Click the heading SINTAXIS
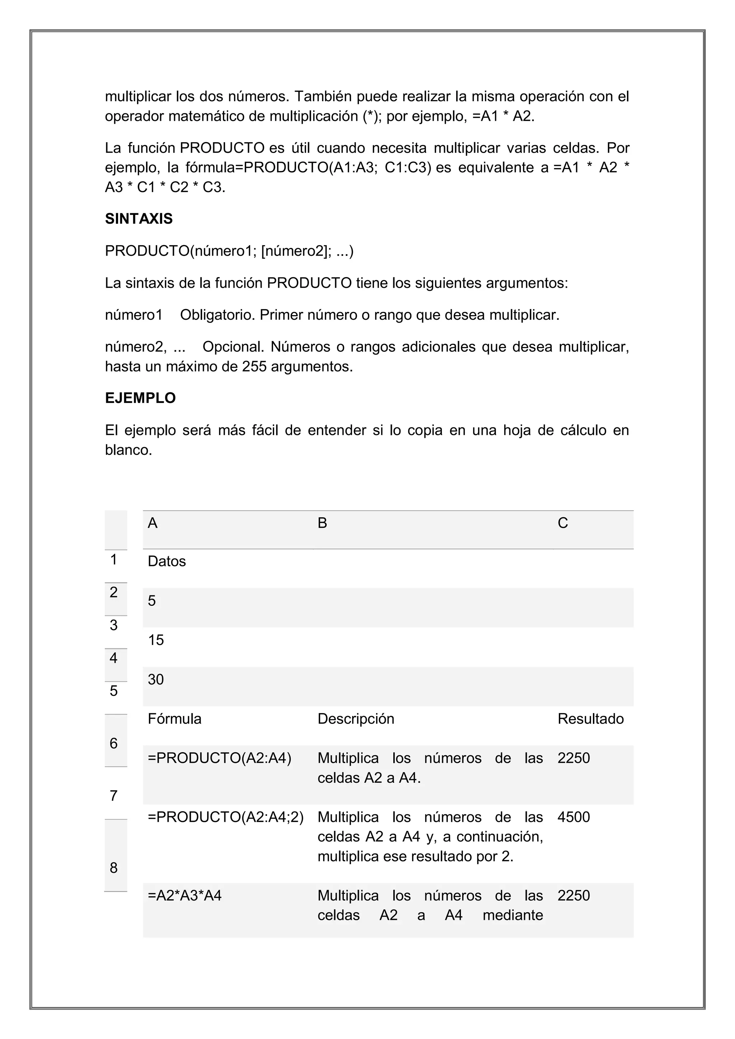pos(139,219)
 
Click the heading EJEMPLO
pos(140,398)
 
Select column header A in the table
pos(153,523)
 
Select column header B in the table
pos(322,523)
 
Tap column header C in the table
pos(563,523)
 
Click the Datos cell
pos(167,562)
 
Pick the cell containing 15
pos(156,640)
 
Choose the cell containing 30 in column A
pos(156,680)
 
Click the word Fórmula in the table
pos(174,719)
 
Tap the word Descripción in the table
pos(356,719)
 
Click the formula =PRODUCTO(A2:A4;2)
pos(225,817)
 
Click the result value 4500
pos(574,817)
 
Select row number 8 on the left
pos(114,868)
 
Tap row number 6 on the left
pos(114,744)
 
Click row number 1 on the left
pos(114,560)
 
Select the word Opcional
pos(233,347)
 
